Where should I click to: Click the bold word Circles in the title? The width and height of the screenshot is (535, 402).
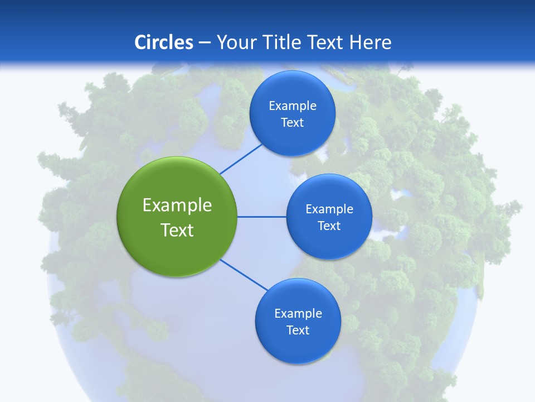[163, 42]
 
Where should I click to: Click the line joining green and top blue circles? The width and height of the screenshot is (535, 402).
[241, 159]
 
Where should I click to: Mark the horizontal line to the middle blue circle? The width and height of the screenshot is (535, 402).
[261, 217]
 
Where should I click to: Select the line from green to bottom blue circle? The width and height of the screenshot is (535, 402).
[244, 275]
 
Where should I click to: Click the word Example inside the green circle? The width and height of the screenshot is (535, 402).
[177, 205]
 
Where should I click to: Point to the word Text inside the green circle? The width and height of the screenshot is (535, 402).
[177, 230]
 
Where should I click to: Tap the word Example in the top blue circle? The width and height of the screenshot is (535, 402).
[292, 106]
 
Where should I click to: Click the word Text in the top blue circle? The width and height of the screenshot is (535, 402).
[292, 122]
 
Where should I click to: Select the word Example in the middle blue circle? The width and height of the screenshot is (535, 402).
[329, 209]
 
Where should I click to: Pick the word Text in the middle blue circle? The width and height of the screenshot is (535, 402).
[329, 226]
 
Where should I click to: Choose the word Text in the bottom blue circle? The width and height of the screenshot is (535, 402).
[298, 330]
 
